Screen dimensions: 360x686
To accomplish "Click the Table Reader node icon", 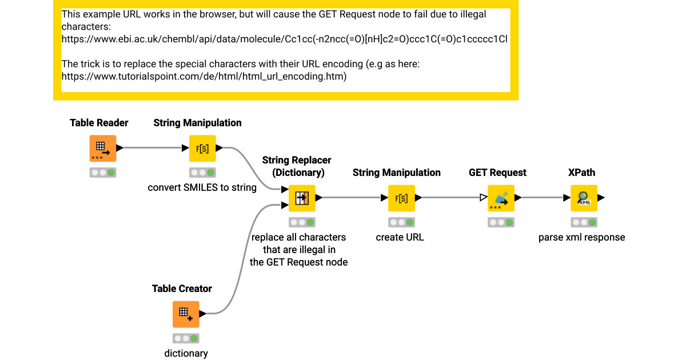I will (103, 149).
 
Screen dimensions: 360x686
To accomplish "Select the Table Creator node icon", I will (186, 314).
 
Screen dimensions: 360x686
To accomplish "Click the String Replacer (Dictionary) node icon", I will (302, 198).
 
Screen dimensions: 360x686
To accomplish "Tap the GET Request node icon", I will (501, 198).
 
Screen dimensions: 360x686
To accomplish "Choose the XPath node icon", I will (583, 198).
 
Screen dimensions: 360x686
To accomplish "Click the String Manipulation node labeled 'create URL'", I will (401, 198).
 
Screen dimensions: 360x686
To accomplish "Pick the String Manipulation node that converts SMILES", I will (202, 149).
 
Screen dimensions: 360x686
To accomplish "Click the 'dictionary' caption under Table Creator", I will (186, 353).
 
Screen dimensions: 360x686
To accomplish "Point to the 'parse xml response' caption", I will (581, 237).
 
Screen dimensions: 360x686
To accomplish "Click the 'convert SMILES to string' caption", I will (202, 187).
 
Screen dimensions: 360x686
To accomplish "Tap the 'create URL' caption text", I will (400, 237).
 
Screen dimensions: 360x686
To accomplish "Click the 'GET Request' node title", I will (497, 173).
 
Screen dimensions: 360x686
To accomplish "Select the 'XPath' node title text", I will (581, 173).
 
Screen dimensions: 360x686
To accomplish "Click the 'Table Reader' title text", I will (99, 123).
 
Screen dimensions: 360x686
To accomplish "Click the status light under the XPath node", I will (583, 222).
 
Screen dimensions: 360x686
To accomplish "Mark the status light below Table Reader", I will (103, 173).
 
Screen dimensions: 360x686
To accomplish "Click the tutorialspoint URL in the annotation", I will (204, 76).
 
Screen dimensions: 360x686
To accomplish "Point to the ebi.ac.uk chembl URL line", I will (284, 39).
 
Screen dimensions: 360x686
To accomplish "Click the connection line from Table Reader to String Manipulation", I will (152, 149).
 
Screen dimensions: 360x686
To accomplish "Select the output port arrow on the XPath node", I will (601, 198).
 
